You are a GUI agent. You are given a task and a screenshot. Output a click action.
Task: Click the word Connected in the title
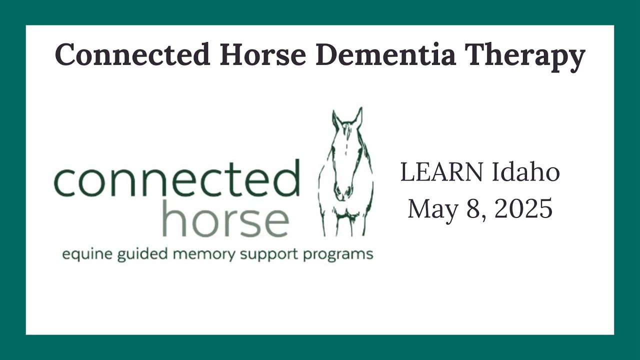[133, 54]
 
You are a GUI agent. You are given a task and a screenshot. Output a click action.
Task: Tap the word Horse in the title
[263, 54]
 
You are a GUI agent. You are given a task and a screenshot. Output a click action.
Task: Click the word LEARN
[441, 172]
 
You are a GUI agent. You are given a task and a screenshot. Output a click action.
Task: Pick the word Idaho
[525, 172]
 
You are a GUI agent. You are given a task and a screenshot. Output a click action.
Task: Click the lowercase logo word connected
[177, 178]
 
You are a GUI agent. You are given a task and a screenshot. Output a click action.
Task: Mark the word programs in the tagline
[337, 255]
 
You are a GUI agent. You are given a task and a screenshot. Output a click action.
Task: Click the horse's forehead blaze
[347, 140]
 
